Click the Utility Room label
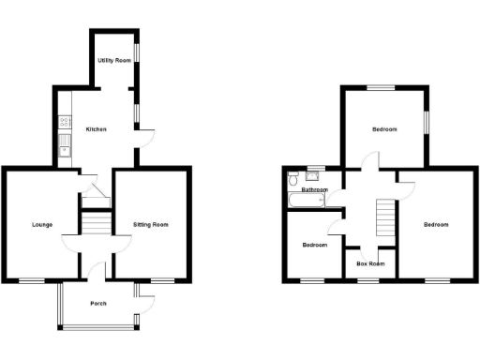pyautogui.click(x=112, y=60)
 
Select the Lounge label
pyautogui.click(x=41, y=224)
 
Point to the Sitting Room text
pyautogui.click(x=150, y=224)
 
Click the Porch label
pyautogui.click(x=97, y=304)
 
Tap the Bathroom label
pyautogui.click(x=314, y=190)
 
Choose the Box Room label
pyautogui.click(x=371, y=264)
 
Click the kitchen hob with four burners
pyautogui.click(x=64, y=122)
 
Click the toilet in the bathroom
pyautogui.click(x=294, y=178)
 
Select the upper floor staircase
pyautogui.click(x=384, y=220)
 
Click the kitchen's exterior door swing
pyautogui.click(x=145, y=139)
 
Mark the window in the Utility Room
pyautogui.click(x=139, y=52)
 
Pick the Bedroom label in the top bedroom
pyautogui.click(x=384, y=129)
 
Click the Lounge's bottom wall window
pyautogui.click(x=34, y=279)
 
